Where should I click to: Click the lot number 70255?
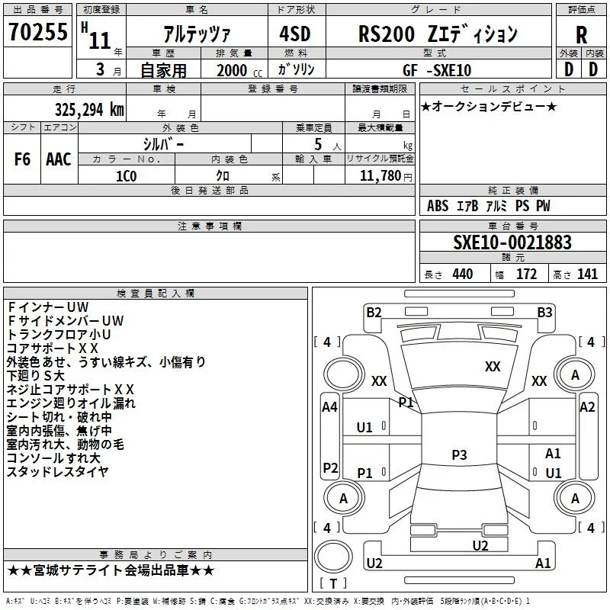(37, 34)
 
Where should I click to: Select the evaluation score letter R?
(581, 35)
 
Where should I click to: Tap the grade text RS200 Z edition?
(438, 34)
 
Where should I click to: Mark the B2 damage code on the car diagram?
(374, 312)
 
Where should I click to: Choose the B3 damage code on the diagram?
(544, 312)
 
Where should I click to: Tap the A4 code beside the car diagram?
(329, 408)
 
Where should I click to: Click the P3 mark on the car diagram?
(458, 455)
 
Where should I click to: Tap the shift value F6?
(22, 159)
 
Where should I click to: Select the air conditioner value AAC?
(59, 159)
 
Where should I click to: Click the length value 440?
(463, 274)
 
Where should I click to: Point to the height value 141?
(587, 274)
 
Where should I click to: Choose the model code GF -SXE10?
(437, 70)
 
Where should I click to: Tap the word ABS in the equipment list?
(438, 206)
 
